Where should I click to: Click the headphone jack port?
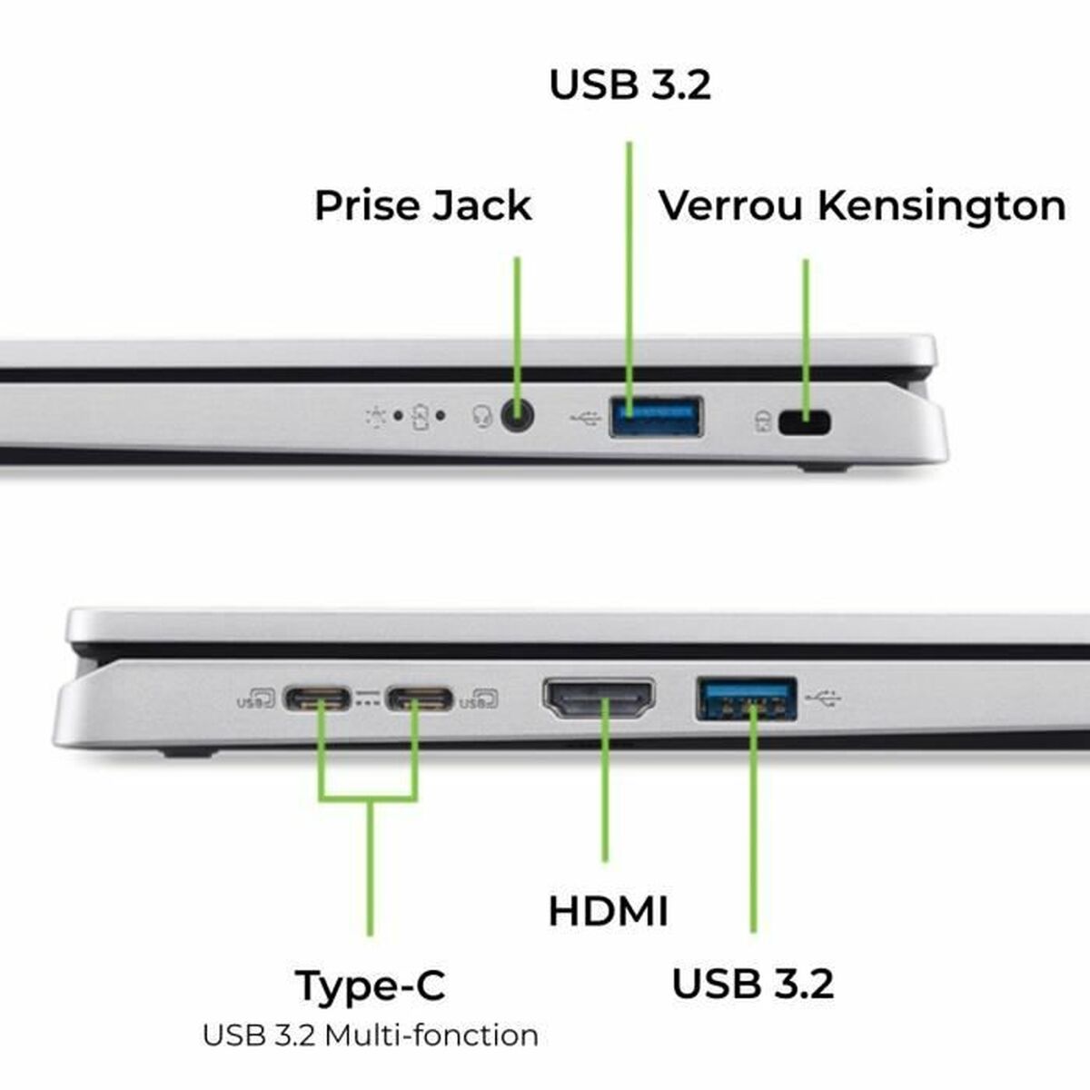pos(517,418)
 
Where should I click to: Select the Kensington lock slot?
pos(805,422)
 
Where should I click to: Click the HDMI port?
pos(599,699)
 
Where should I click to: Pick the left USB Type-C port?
pos(317,699)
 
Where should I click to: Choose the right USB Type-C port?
pos(419,699)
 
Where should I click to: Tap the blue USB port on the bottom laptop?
pos(747,699)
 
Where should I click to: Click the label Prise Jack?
pos(422,205)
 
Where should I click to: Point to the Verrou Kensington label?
pos(861,205)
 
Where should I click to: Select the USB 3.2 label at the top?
pos(629,84)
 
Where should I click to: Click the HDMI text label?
pos(608,911)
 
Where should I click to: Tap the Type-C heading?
pos(371,986)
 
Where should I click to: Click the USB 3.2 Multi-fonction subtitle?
pos(371,1035)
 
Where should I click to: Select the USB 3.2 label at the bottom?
pos(752,984)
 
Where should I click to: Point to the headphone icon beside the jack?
pos(482,417)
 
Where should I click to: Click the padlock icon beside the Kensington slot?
pos(762,421)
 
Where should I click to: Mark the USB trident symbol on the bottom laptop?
pos(825,699)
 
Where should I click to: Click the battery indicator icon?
pos(419,417)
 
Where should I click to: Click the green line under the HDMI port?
pos(605,799)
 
